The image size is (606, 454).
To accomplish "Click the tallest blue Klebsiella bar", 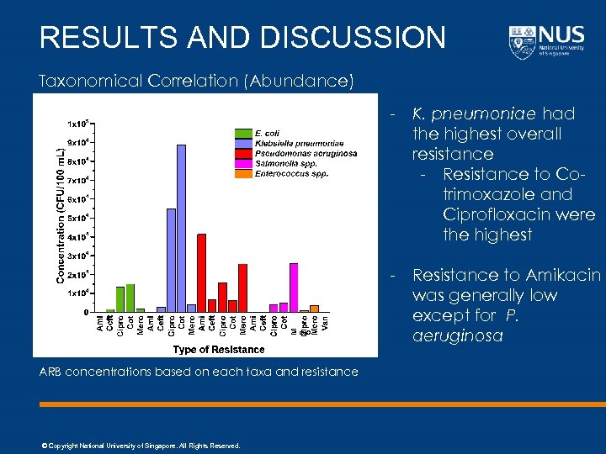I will tap(181, 228).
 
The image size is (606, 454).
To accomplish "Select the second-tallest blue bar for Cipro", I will tap(171, 260).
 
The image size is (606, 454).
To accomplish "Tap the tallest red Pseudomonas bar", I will tap(201, 272).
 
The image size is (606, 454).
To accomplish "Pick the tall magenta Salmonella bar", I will tap(294, 287).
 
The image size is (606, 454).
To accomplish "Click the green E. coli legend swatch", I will tap(242, 133).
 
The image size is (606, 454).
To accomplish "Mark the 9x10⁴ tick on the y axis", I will tap(80, 142).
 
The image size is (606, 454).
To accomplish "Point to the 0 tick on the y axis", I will tap(87, 312).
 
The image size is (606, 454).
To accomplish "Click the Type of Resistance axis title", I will tap(219, 349).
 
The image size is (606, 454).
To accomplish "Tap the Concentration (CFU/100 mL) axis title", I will tap(61, 215).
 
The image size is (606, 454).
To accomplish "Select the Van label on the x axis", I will tap(325, 320).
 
